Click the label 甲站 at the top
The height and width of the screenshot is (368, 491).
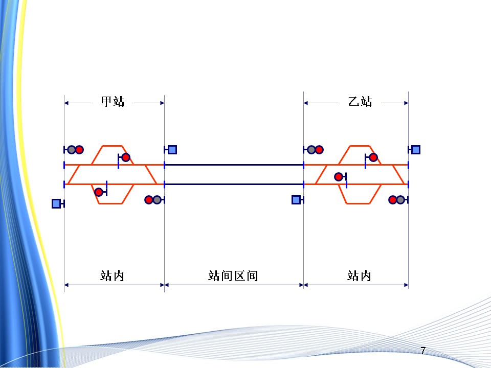(x=113, y=102)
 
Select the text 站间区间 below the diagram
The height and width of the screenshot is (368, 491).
(x=233, y=276)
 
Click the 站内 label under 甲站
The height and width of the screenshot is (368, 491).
(x=113, y=276)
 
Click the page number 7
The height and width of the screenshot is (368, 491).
(x=422, y=351)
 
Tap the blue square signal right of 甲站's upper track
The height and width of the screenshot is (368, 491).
(x=172, y=150)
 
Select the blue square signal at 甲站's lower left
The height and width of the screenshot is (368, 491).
(x=56, y=203)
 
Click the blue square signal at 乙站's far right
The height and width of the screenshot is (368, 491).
(x=416, y=150)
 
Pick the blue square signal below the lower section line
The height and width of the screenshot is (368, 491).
(x=296, y=200)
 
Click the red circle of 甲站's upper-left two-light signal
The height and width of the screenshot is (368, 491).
(x=79, y=150)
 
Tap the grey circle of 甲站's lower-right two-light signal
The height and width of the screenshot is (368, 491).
(x=157, y=200)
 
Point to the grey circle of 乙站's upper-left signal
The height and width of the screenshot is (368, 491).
(x=311, y=150)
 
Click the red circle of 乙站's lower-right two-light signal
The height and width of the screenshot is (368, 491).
(x=392, y=200)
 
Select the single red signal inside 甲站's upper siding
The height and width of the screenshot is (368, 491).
(x=126, y=157)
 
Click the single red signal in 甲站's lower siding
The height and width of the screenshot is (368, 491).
(x=98, y=192)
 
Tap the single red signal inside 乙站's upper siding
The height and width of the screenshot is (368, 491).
(x=373, y=157)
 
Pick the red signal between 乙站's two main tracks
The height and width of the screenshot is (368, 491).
(x=338, y=177)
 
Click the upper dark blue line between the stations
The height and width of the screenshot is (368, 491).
(x=234, y=165)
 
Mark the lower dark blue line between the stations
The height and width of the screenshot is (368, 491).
(x=234, y=183)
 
